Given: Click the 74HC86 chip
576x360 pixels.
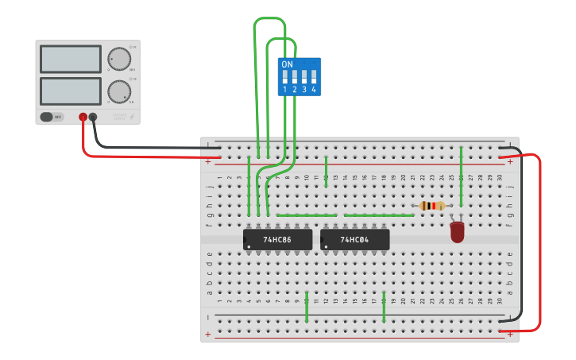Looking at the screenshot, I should (x=277, y=239).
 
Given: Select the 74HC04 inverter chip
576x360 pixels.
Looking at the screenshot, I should (x=354, y=239).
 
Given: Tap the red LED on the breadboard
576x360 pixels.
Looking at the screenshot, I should (x=457, y=231).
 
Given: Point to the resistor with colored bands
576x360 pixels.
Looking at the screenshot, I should (x=432, y=206).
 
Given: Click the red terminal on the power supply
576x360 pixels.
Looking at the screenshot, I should (x=83, y=117).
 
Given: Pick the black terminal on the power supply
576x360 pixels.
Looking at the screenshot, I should (x=93, y=117).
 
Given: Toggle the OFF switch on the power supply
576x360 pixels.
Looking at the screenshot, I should (x=51, y=117).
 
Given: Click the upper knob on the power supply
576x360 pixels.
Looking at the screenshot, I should (x=119, y=60).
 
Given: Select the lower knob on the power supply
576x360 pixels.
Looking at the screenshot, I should (x=119, y=91).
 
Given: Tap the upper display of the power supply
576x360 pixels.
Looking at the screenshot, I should (x=70, y=60).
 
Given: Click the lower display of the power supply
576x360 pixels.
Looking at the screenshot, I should (x=70, y=91).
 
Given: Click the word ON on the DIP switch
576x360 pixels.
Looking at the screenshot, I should (x=287, y=64).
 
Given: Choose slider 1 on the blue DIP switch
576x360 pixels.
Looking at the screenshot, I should (x=285, y=77).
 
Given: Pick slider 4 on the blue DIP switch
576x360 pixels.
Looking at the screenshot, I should (x=314, y=77).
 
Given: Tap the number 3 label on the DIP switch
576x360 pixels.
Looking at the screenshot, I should (x=304, y=90).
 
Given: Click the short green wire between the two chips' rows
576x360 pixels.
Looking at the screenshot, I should (x=307, y=215).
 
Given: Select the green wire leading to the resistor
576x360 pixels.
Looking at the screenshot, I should (x=379, y=215).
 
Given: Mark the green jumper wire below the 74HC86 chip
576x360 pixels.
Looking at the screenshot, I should (x=307, y=307).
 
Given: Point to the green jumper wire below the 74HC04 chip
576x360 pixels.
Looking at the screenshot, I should (x=384, y=307).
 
